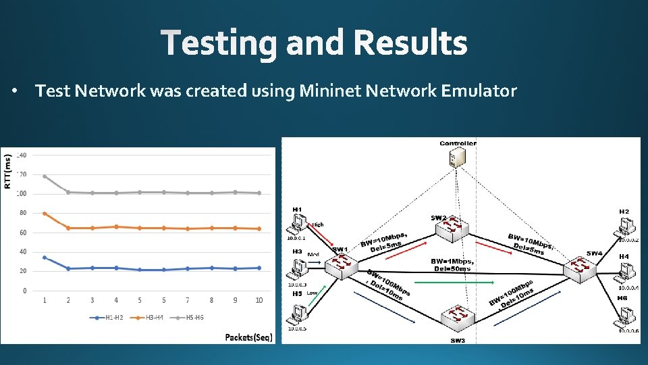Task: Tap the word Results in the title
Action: pyautogui.click(x=409, y=44)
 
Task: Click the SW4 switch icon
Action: pyautogui.click(x=578, y=268)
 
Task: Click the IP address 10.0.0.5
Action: pyautogui.click(x=297, y=329)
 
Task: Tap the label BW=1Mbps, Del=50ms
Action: pyautogui.click(x=452, y=264)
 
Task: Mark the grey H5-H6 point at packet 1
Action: pyautogui.click(x=45, y=176)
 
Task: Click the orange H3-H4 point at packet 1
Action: pyautogui.click(x=45, y=214)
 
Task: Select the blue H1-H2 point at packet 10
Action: pyautogui.click(x=259, y=268)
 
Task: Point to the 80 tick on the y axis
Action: pyautogui.click(x=22, y=213)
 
